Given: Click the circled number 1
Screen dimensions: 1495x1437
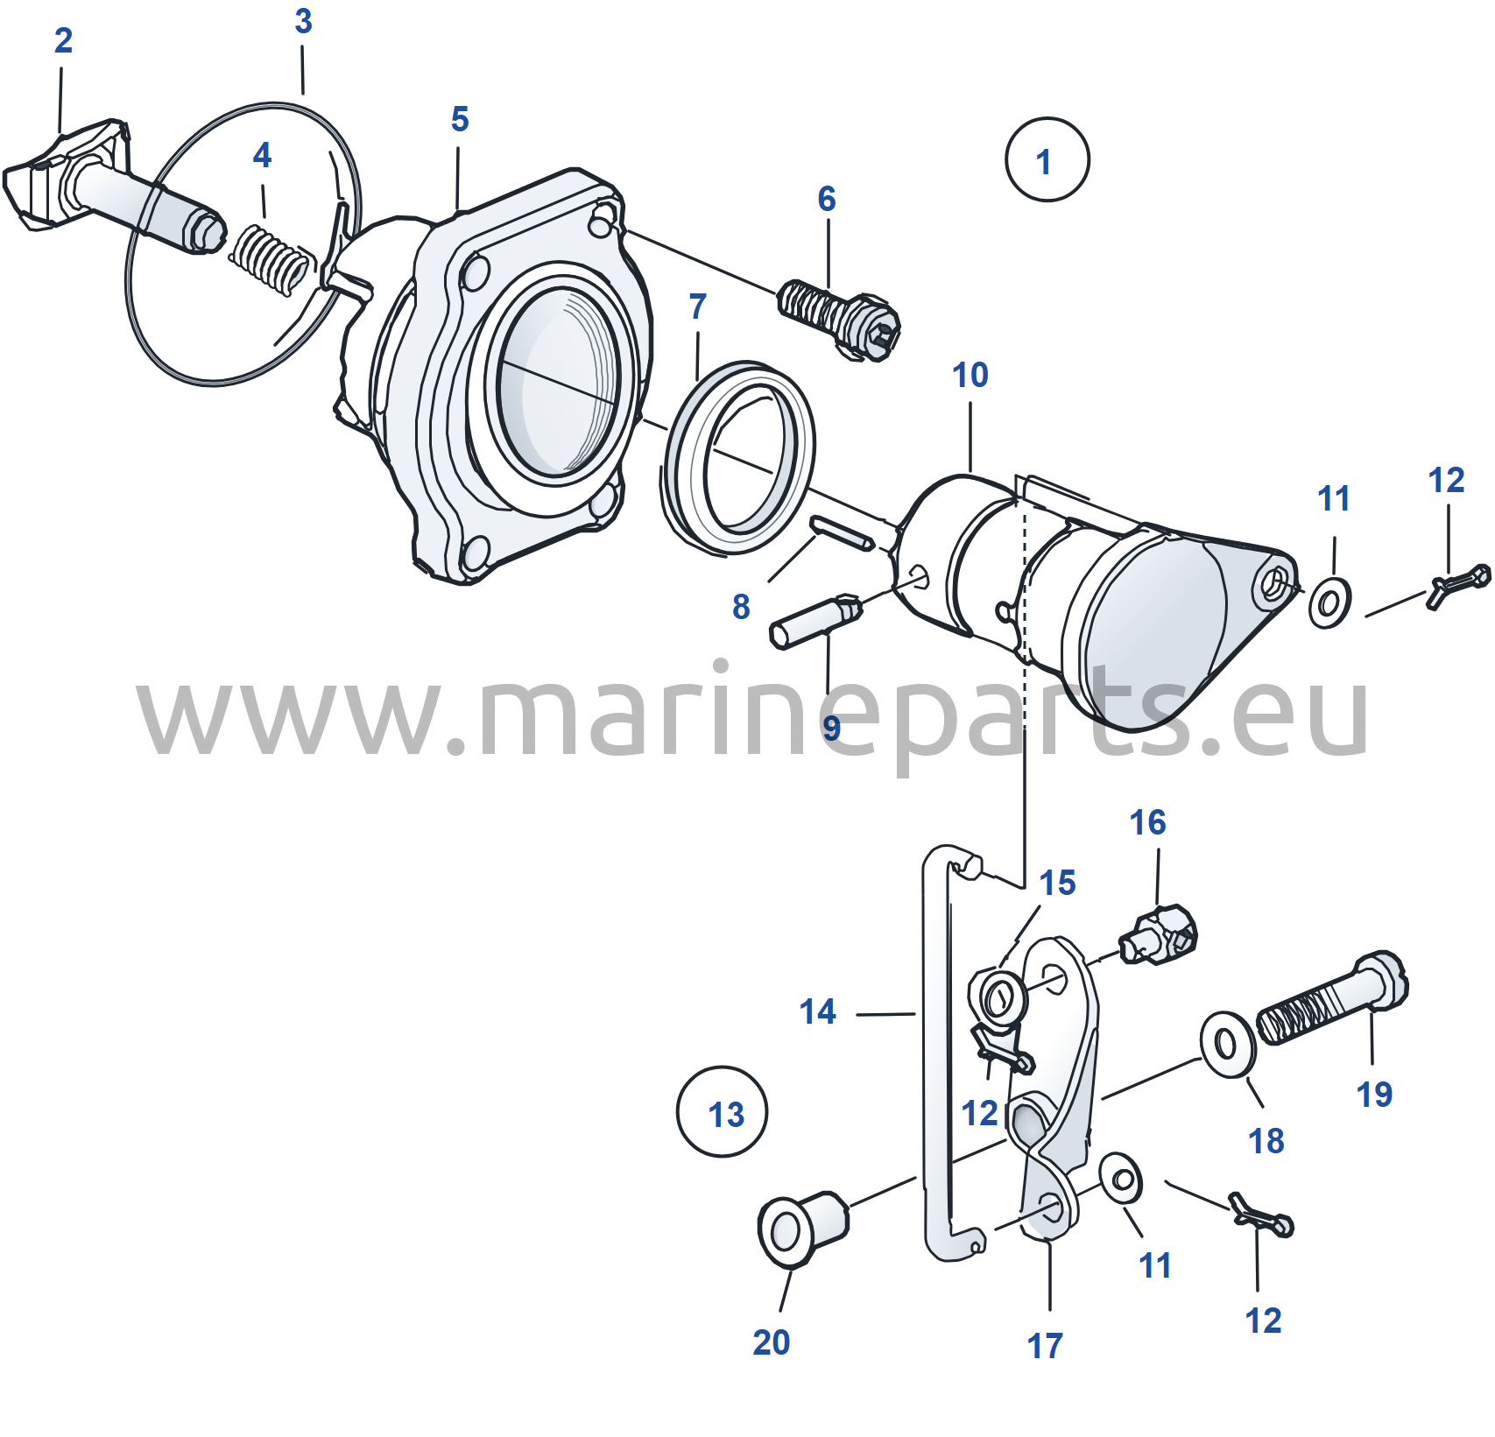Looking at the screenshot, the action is (1047, 159).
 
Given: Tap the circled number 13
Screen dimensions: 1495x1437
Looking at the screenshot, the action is (723, 1111).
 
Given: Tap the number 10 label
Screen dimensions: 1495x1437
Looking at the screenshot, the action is (970, 375).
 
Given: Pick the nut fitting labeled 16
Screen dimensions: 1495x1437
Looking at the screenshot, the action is (1158, 936).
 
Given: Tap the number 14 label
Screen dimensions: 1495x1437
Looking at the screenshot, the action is (817, 1011).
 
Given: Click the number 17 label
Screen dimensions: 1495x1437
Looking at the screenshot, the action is (1045, 1346).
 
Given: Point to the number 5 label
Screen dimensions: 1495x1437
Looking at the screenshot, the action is (460, 119).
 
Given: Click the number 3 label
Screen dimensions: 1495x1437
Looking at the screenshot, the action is (303, 21).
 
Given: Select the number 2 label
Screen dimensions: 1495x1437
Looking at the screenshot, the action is (63, 40).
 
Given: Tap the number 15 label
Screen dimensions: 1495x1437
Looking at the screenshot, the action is (1057, 883).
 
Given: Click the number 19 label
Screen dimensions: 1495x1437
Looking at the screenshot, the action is (1374, 1095).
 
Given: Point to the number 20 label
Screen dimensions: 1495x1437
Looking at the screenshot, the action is (771, 1342).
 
